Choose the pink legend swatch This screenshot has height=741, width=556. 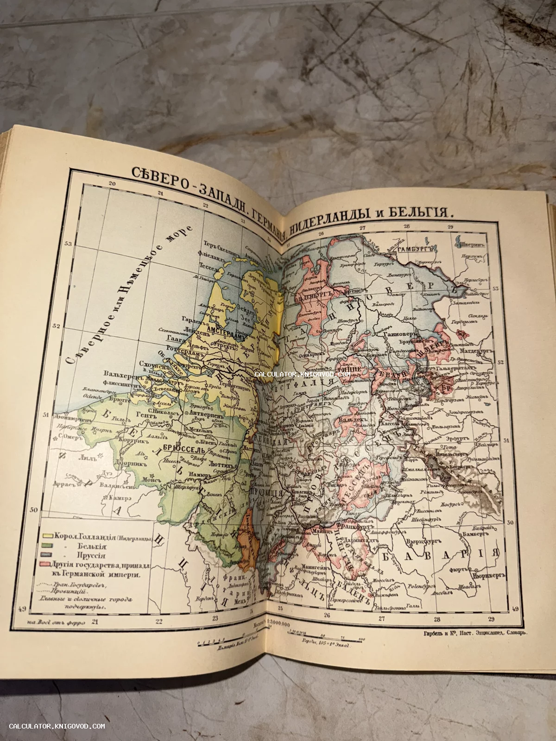click(x=45, y=565)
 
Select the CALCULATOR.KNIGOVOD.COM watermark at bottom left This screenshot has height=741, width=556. click(x=57, y=726)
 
